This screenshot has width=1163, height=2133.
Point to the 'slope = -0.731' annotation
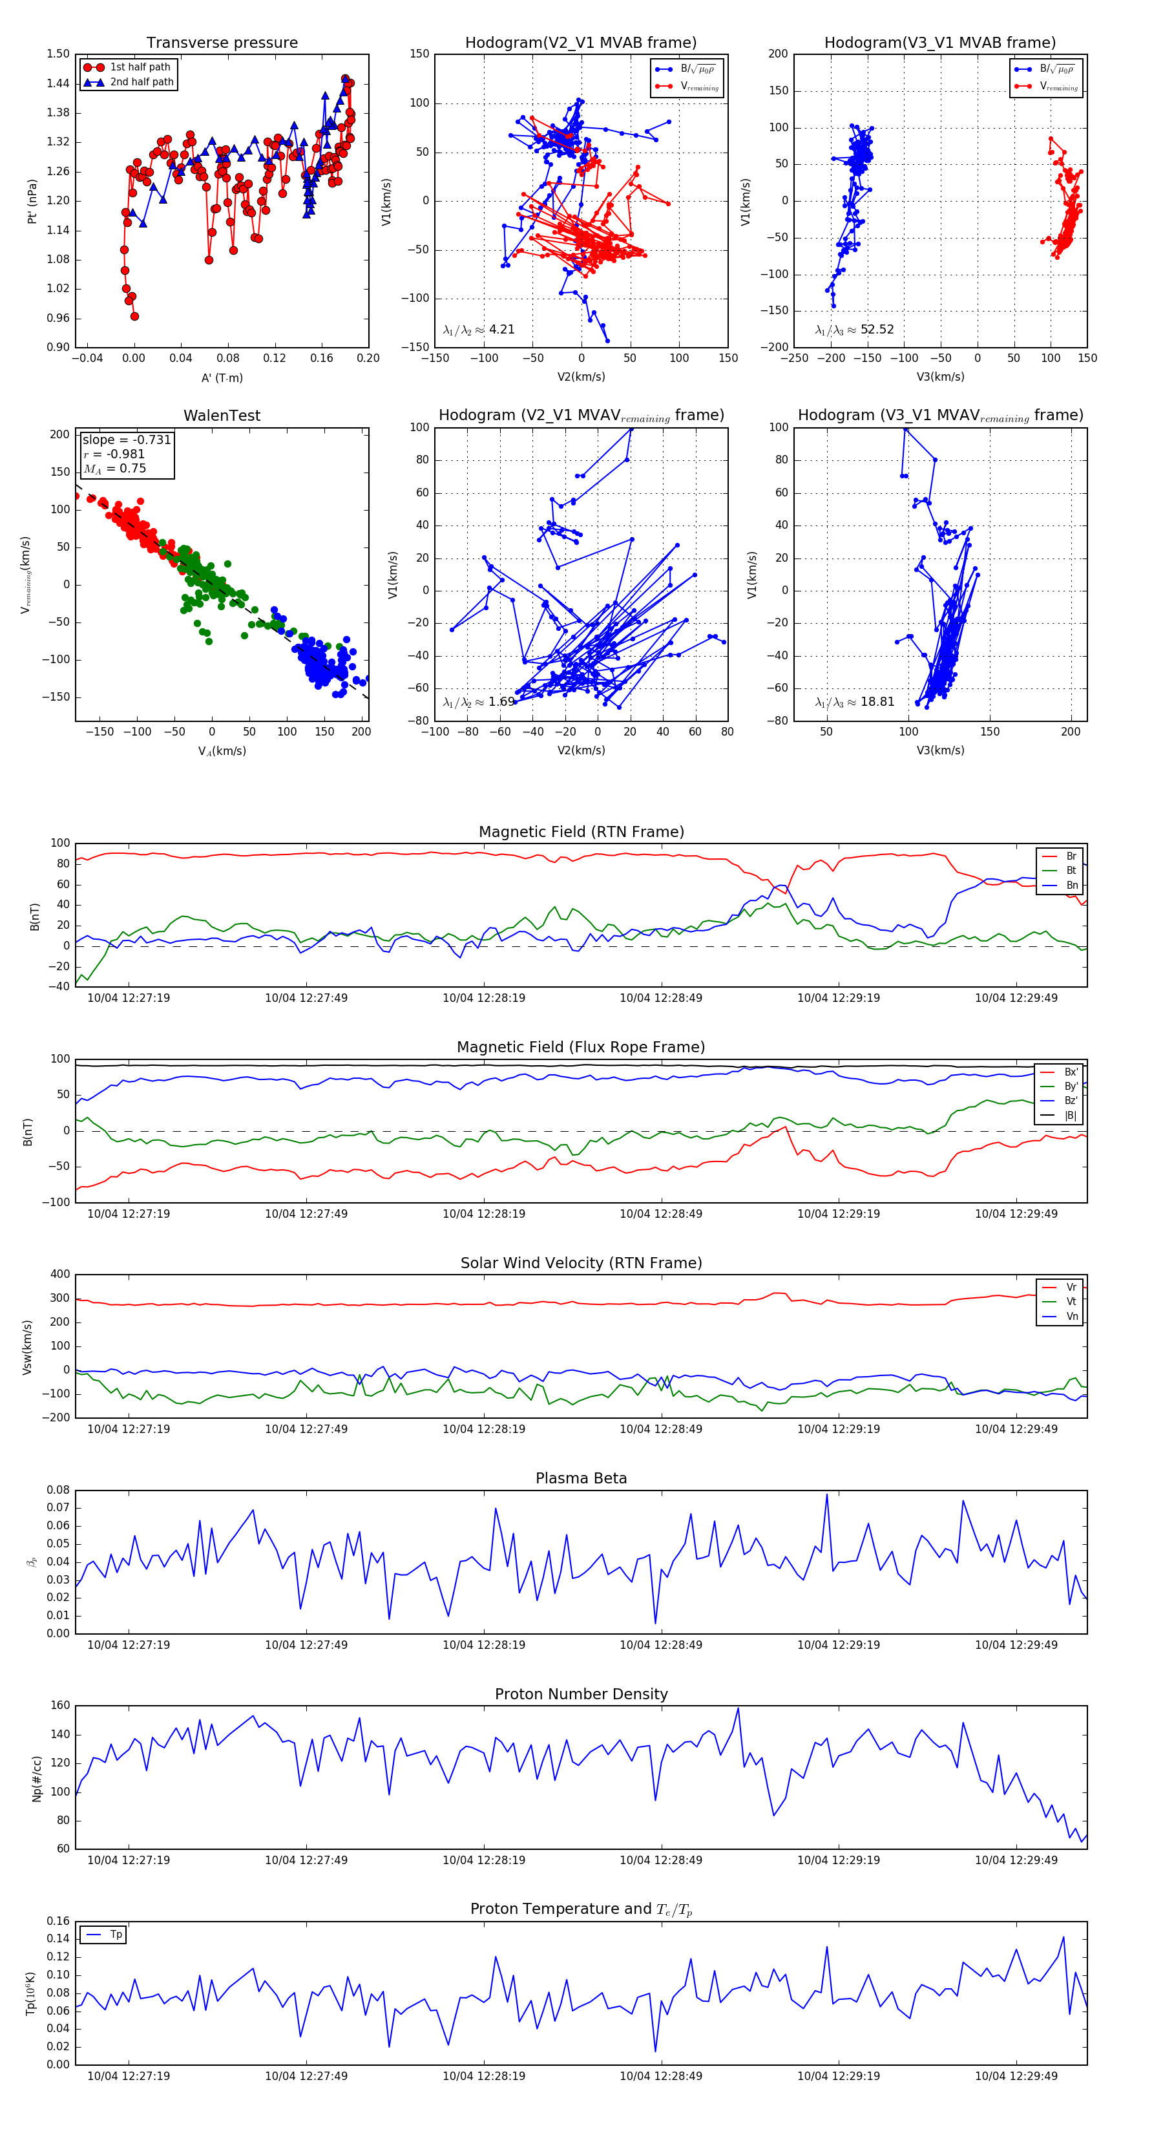coord(127,440)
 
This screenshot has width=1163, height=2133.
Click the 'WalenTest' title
coord(222,416)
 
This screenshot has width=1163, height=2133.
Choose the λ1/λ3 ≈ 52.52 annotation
coord(854,330)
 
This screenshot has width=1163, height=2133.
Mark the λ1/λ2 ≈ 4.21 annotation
coord(478,330)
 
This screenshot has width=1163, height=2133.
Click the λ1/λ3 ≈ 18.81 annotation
coord(854,702)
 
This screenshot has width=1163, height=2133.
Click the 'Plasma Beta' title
coord(581,1478)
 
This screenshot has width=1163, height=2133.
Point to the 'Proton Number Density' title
coord(581,1694)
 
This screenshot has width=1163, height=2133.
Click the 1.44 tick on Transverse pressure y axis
coord(58,83)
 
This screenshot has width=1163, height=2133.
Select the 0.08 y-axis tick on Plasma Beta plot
coord(58,1490)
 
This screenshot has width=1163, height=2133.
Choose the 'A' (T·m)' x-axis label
coord(222,378)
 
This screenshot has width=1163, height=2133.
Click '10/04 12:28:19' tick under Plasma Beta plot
coord(483,1644)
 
